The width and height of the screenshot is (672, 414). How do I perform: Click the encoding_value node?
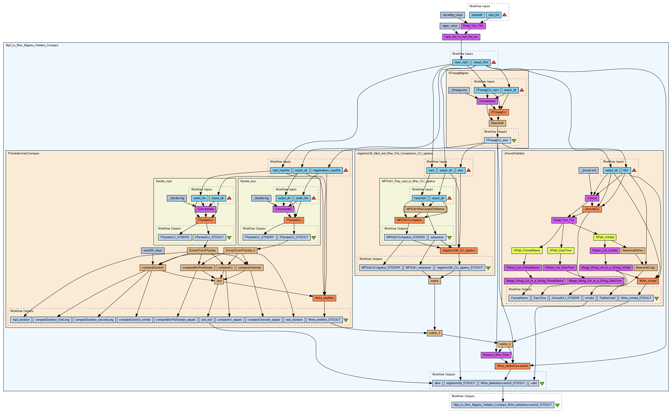(453, 15)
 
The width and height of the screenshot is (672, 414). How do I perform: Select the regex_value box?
(450, 26)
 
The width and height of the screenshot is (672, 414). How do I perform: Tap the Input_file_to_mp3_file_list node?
(461, 37)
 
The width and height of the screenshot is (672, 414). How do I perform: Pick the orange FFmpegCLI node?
(499, 112)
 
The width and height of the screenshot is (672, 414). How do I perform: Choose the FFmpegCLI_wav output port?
(497, 140)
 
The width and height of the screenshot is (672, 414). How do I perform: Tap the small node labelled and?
(219, 281)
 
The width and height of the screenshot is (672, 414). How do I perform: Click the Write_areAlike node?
(324, 298)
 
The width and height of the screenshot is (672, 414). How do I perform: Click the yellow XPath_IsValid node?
(605, 237)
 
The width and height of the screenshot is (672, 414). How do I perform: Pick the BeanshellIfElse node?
(632, 251)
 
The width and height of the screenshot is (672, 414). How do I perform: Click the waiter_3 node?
(434, 333)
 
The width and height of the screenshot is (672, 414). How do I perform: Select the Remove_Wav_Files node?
(496, 355)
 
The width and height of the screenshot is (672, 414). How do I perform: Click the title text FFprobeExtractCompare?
(23, 154)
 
